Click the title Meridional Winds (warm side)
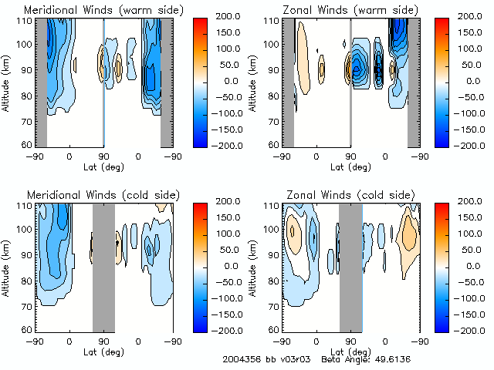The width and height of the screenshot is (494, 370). pyautogui.click(x=103, y=9)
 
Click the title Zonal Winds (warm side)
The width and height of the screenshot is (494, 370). pyautogui.click(x=350, y=9)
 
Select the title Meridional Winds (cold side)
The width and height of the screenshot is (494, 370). pyautogui.click(x=103, y=193)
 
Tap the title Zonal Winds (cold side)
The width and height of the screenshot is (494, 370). pyautogui.click(x=350, y=193)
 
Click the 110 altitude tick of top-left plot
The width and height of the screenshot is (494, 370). pyautogui.click(x=25, y=21)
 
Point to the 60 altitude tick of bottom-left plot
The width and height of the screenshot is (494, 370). pyautogui.click(x=28, y=329)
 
